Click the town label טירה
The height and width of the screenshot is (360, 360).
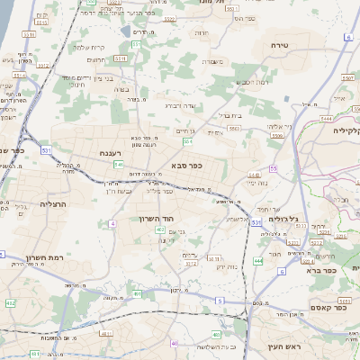277,44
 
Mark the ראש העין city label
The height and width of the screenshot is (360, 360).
286,345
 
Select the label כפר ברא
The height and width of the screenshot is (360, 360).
323,270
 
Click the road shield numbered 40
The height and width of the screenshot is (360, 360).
174,343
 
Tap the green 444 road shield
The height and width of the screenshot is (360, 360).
258,262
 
